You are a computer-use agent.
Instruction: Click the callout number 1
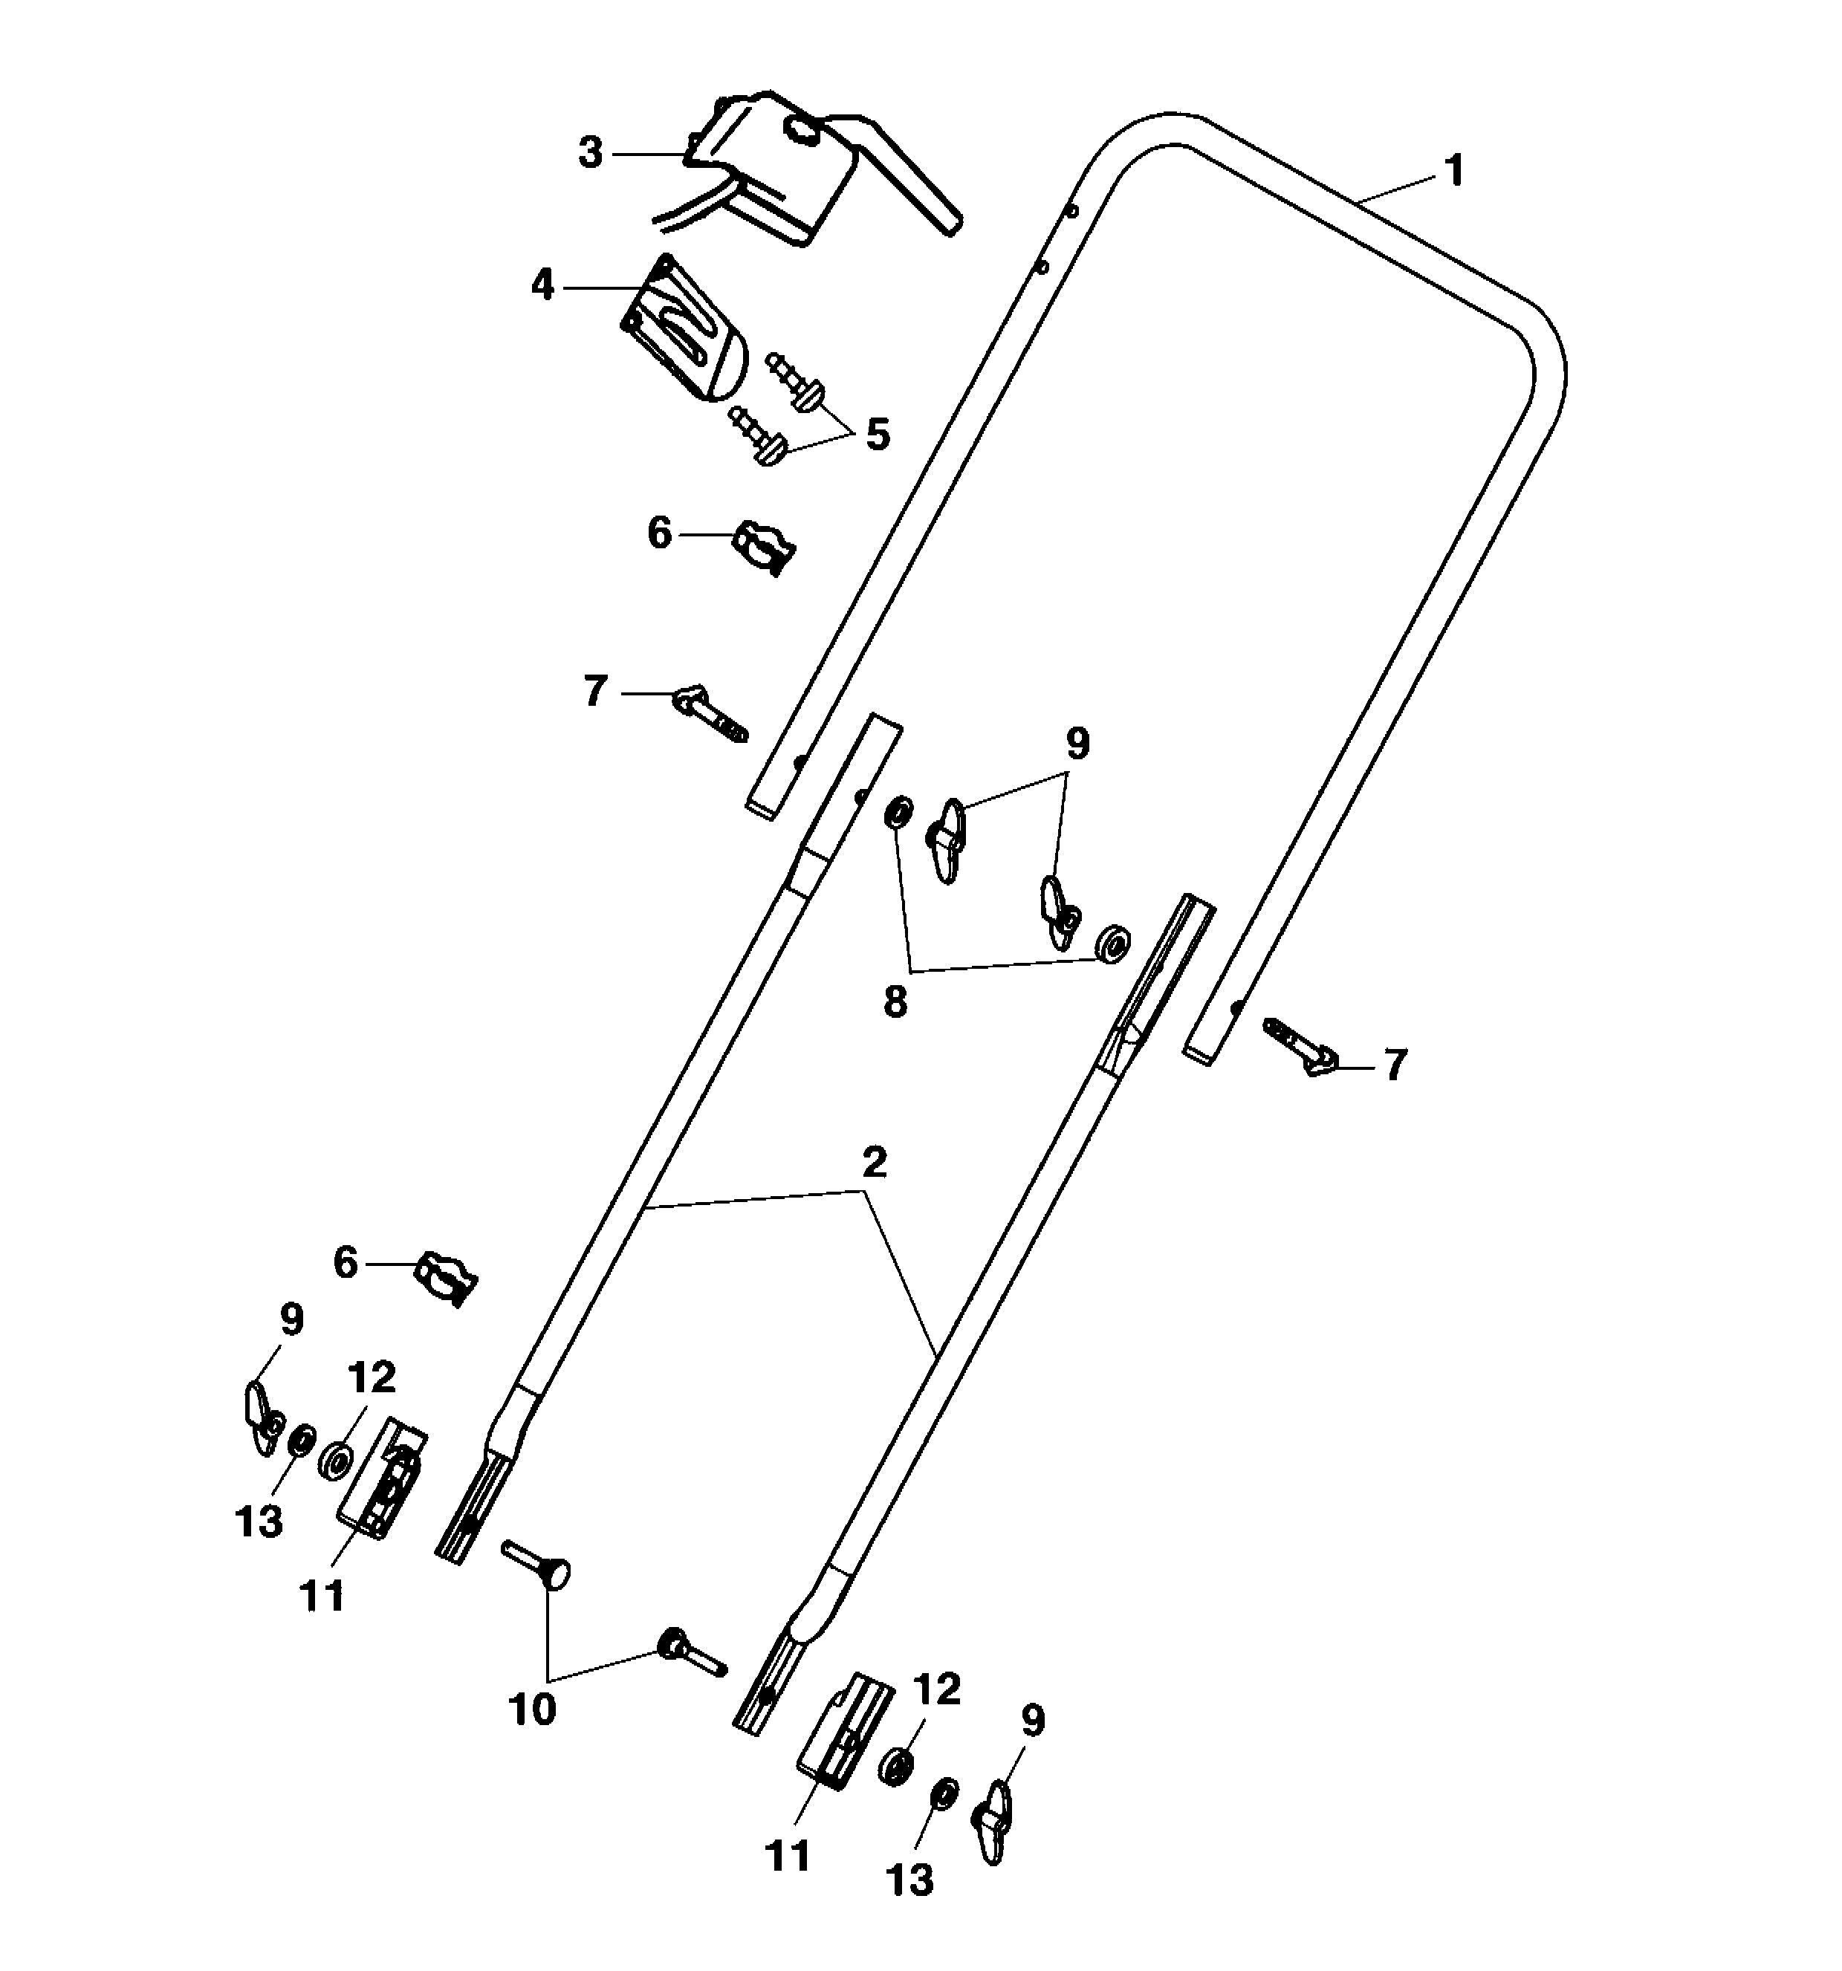[x=1453, y=171]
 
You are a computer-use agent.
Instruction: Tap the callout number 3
[x=590, y=154]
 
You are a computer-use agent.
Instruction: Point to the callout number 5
[x=878, y=435]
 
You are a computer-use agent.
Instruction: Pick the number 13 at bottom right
[x=910, y=1877]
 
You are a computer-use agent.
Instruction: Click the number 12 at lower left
[x=372, y=1376]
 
